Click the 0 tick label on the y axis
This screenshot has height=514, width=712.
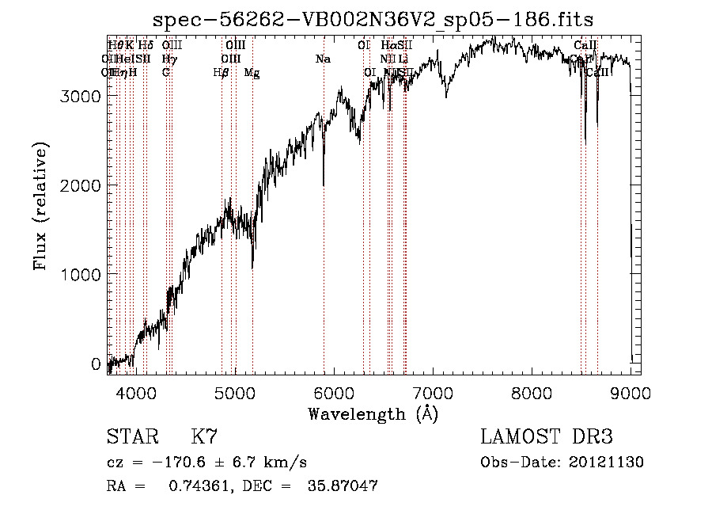click(x=96, y=364)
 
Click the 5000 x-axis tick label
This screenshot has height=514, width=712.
click(x=234, y=393)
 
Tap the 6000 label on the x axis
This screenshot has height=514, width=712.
click(x=334, y=393)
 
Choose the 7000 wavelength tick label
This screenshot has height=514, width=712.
click(x=433, y=393)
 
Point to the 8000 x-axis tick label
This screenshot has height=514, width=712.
click(x=532, y=393)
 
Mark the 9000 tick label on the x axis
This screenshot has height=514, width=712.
click(x=631, y=393)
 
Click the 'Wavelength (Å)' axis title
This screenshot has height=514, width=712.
click(x=373, y=413)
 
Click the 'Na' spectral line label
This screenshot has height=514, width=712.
click(x=323, y=59)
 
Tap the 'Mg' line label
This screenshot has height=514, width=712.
click(x=252, y=73)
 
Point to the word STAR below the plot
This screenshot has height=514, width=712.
click(x=132, y=438)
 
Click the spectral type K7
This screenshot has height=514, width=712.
click(x=204, y=438)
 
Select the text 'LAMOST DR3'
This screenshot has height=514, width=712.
click(x=546, y=438)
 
